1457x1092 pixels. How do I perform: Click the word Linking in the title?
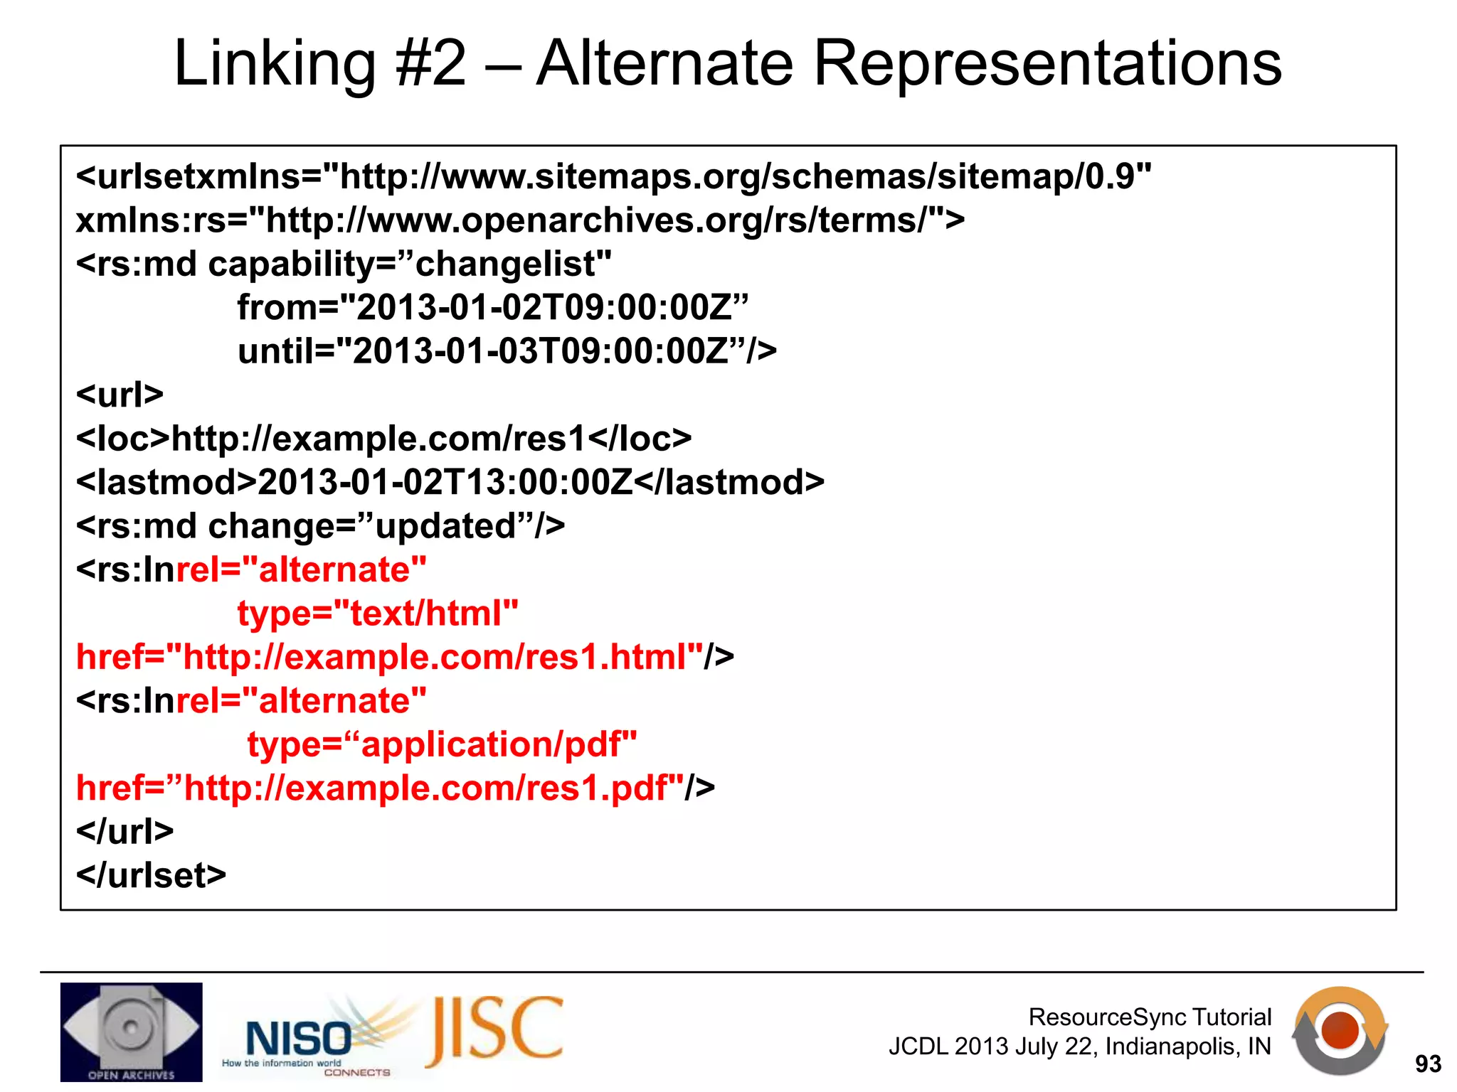click(274, 64)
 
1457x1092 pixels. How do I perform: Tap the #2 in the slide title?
click(430, 64)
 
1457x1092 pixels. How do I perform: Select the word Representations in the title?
click(1047, 64)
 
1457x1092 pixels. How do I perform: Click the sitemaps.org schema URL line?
click(613, 176)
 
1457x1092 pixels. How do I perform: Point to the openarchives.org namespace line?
click(520, 220)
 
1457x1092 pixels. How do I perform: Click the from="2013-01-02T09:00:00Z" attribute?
click(492, 308)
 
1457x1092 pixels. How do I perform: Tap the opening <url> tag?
click(120, 395)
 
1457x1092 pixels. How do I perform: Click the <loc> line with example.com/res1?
click(383, 439)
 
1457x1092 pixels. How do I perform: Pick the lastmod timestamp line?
click(450, 483)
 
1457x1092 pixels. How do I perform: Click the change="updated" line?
click(320, 527)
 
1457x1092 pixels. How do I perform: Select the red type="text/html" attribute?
click(378, 614)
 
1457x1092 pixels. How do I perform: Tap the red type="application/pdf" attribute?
click(442, 745)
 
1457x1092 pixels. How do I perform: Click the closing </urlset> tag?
click(151, 876)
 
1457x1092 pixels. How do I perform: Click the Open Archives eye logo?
click(131, 1032)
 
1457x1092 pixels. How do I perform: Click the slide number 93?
click(1428, 1064)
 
